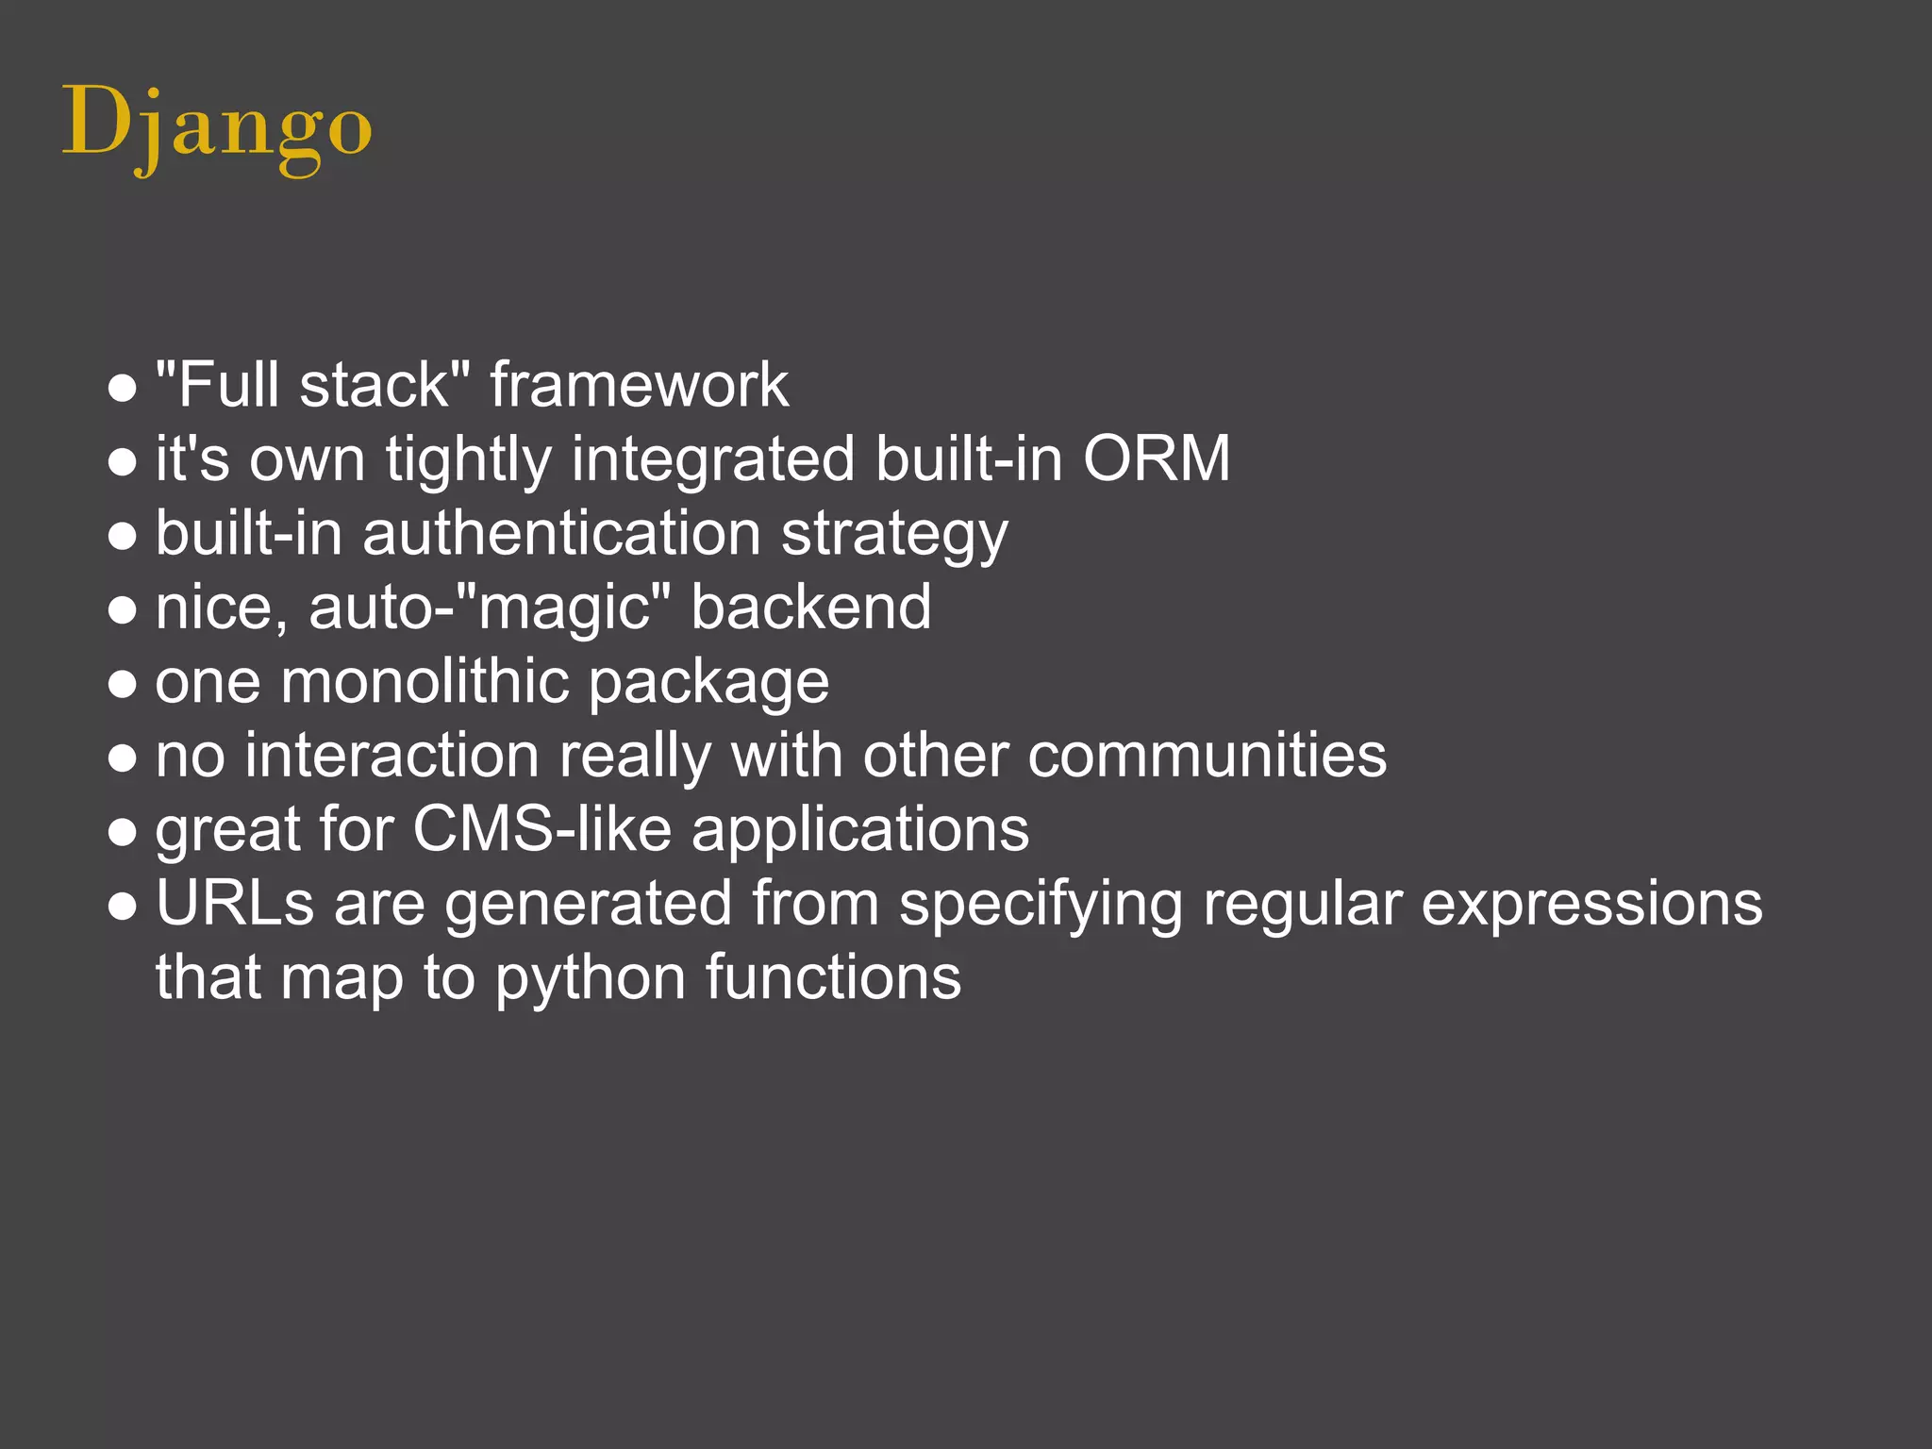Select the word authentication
561,533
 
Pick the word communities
1207,756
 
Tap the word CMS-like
542,829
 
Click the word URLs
234,903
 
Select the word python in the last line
590,977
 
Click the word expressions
1591,903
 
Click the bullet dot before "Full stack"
122,388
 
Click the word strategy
894,535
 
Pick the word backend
810,608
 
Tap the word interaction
391,756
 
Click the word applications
859,831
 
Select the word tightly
468,460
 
